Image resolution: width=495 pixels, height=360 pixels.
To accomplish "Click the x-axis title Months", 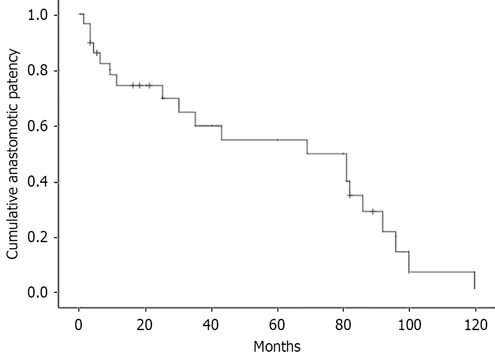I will [277, 347].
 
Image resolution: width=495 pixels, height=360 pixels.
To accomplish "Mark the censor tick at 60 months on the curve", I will [277, 140].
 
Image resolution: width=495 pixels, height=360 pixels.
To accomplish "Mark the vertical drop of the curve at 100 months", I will [409, 262].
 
